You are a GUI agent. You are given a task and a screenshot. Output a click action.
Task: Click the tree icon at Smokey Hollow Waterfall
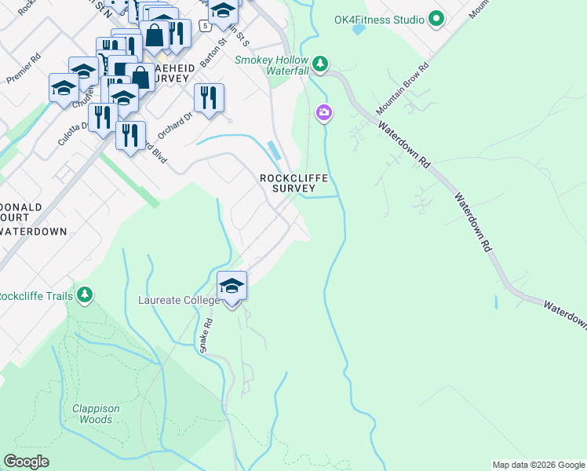click(319, 63)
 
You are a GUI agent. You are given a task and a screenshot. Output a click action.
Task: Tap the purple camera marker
click(323, 114)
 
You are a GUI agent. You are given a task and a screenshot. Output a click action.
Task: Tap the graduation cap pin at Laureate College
click(232, 287)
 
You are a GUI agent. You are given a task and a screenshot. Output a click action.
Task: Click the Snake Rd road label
click(206, 334)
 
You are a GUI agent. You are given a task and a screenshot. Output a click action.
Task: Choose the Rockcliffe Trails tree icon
click(85, 295)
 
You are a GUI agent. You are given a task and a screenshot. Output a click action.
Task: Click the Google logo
click(26, 462)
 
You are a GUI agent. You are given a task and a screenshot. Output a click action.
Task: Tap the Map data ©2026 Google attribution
click(538, 465)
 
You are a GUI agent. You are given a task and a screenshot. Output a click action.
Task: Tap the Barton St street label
click(212, 50)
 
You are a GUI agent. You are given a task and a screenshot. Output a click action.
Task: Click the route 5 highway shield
click(206, 26)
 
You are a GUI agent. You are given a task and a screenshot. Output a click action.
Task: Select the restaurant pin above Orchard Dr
click(209, 98)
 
